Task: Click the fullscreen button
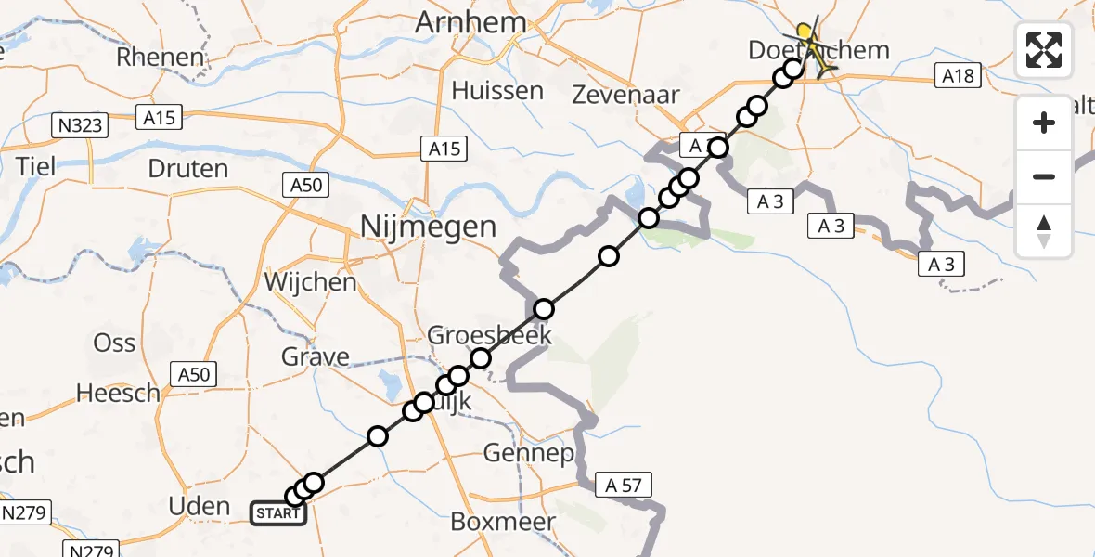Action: pos(1044,49)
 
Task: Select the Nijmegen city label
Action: pos(429,227)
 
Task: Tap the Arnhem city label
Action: pos(472,22)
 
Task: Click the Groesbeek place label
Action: pos(489,335)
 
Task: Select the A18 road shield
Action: pos(958,76)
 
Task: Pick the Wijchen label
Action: pos(310,281)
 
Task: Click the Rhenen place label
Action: pos(160,57)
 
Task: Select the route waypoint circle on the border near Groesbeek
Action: pos(544,309)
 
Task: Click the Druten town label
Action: pos(188,169)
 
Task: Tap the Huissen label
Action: pos(497,91)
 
